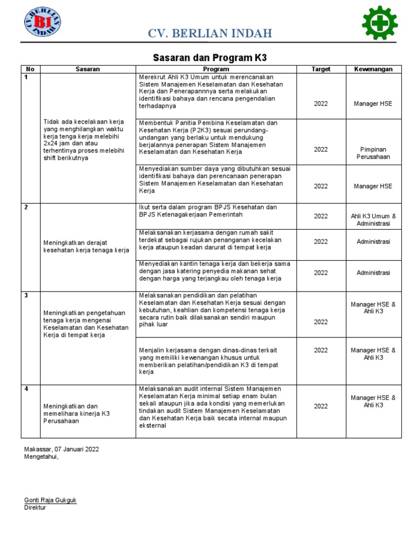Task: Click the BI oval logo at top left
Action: click(42, 23)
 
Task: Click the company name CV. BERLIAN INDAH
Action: click(210, 34)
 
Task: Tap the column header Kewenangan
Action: click(374, 69)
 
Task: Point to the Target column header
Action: click(321, 69)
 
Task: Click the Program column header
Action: click(216, 69)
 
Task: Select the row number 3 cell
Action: click(26, 296)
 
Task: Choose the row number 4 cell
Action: click(26, 389)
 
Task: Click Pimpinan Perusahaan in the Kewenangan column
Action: click(374, 153)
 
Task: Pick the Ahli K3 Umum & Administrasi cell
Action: click(374, 220)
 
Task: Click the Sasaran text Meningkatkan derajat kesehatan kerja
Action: click(86, 246)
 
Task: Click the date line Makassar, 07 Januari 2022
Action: click(62, 449)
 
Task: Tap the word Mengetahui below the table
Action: click(41, 457)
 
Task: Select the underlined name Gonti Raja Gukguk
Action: click(50, 500)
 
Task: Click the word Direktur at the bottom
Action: click(35, 507)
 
